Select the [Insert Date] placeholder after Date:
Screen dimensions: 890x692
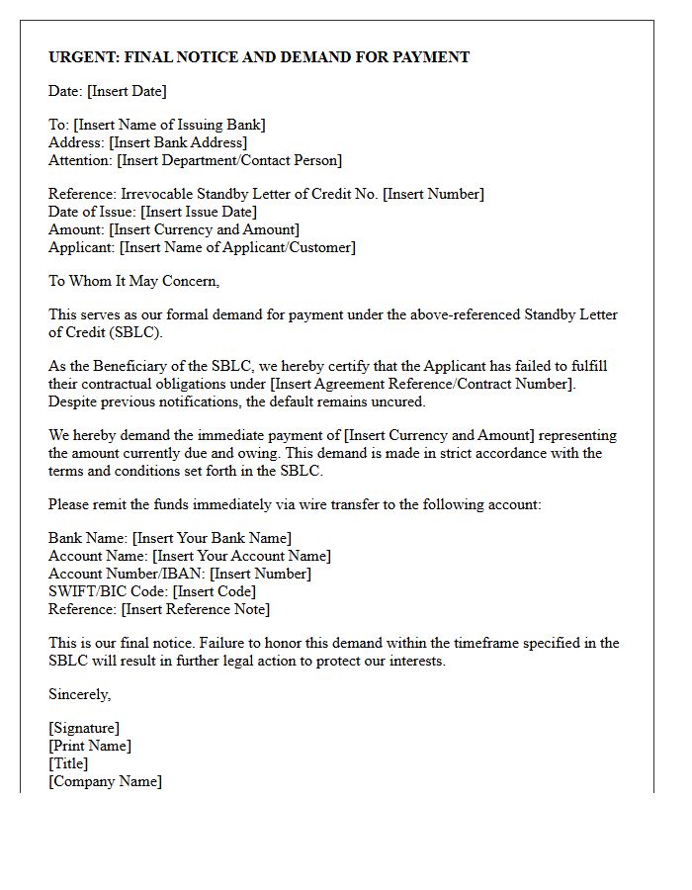(127, 91)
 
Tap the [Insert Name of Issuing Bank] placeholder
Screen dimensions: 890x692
(169, 125)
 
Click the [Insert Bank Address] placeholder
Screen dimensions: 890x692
(178, 142)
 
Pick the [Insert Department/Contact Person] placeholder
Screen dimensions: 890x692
(229, 160)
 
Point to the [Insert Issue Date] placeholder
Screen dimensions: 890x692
(199, 212)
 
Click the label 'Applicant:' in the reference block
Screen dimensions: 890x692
(82, 247)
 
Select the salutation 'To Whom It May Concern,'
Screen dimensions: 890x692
(134, 281)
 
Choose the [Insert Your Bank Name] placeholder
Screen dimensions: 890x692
(213, 538)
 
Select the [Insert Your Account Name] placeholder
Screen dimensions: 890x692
(242, 556)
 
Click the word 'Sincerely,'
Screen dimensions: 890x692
(80, 694)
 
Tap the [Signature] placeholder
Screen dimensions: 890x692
(84, 728)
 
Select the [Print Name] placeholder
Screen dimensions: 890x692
(90, 746)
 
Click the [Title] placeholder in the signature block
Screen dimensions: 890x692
(68, 763)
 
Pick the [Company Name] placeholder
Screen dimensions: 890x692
(106, 781)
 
